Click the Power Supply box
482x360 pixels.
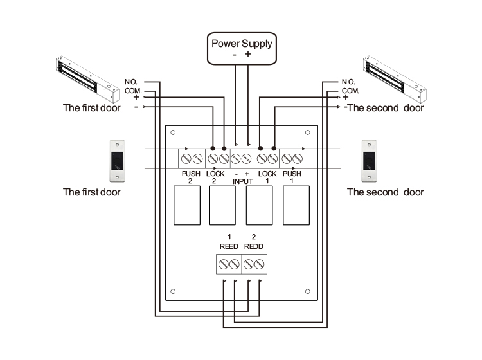(242, 49)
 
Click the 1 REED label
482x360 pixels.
(229, 242)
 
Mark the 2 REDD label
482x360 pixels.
(254, 242)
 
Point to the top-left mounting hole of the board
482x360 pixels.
(174, 132)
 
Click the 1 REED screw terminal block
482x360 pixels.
(229, 264)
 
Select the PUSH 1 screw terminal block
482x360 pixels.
(292, 157)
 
